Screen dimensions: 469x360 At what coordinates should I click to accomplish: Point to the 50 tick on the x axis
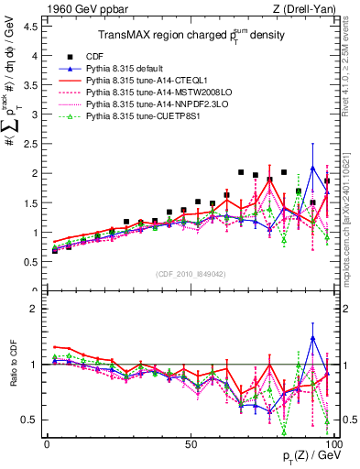191,444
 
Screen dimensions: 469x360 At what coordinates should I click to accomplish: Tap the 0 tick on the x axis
48,444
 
